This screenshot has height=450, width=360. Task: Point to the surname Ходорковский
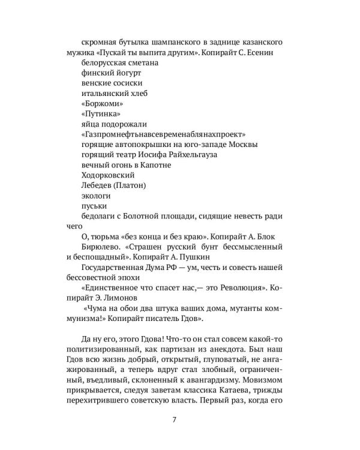coord(107,175)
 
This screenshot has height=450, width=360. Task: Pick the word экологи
coord(95,196)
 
